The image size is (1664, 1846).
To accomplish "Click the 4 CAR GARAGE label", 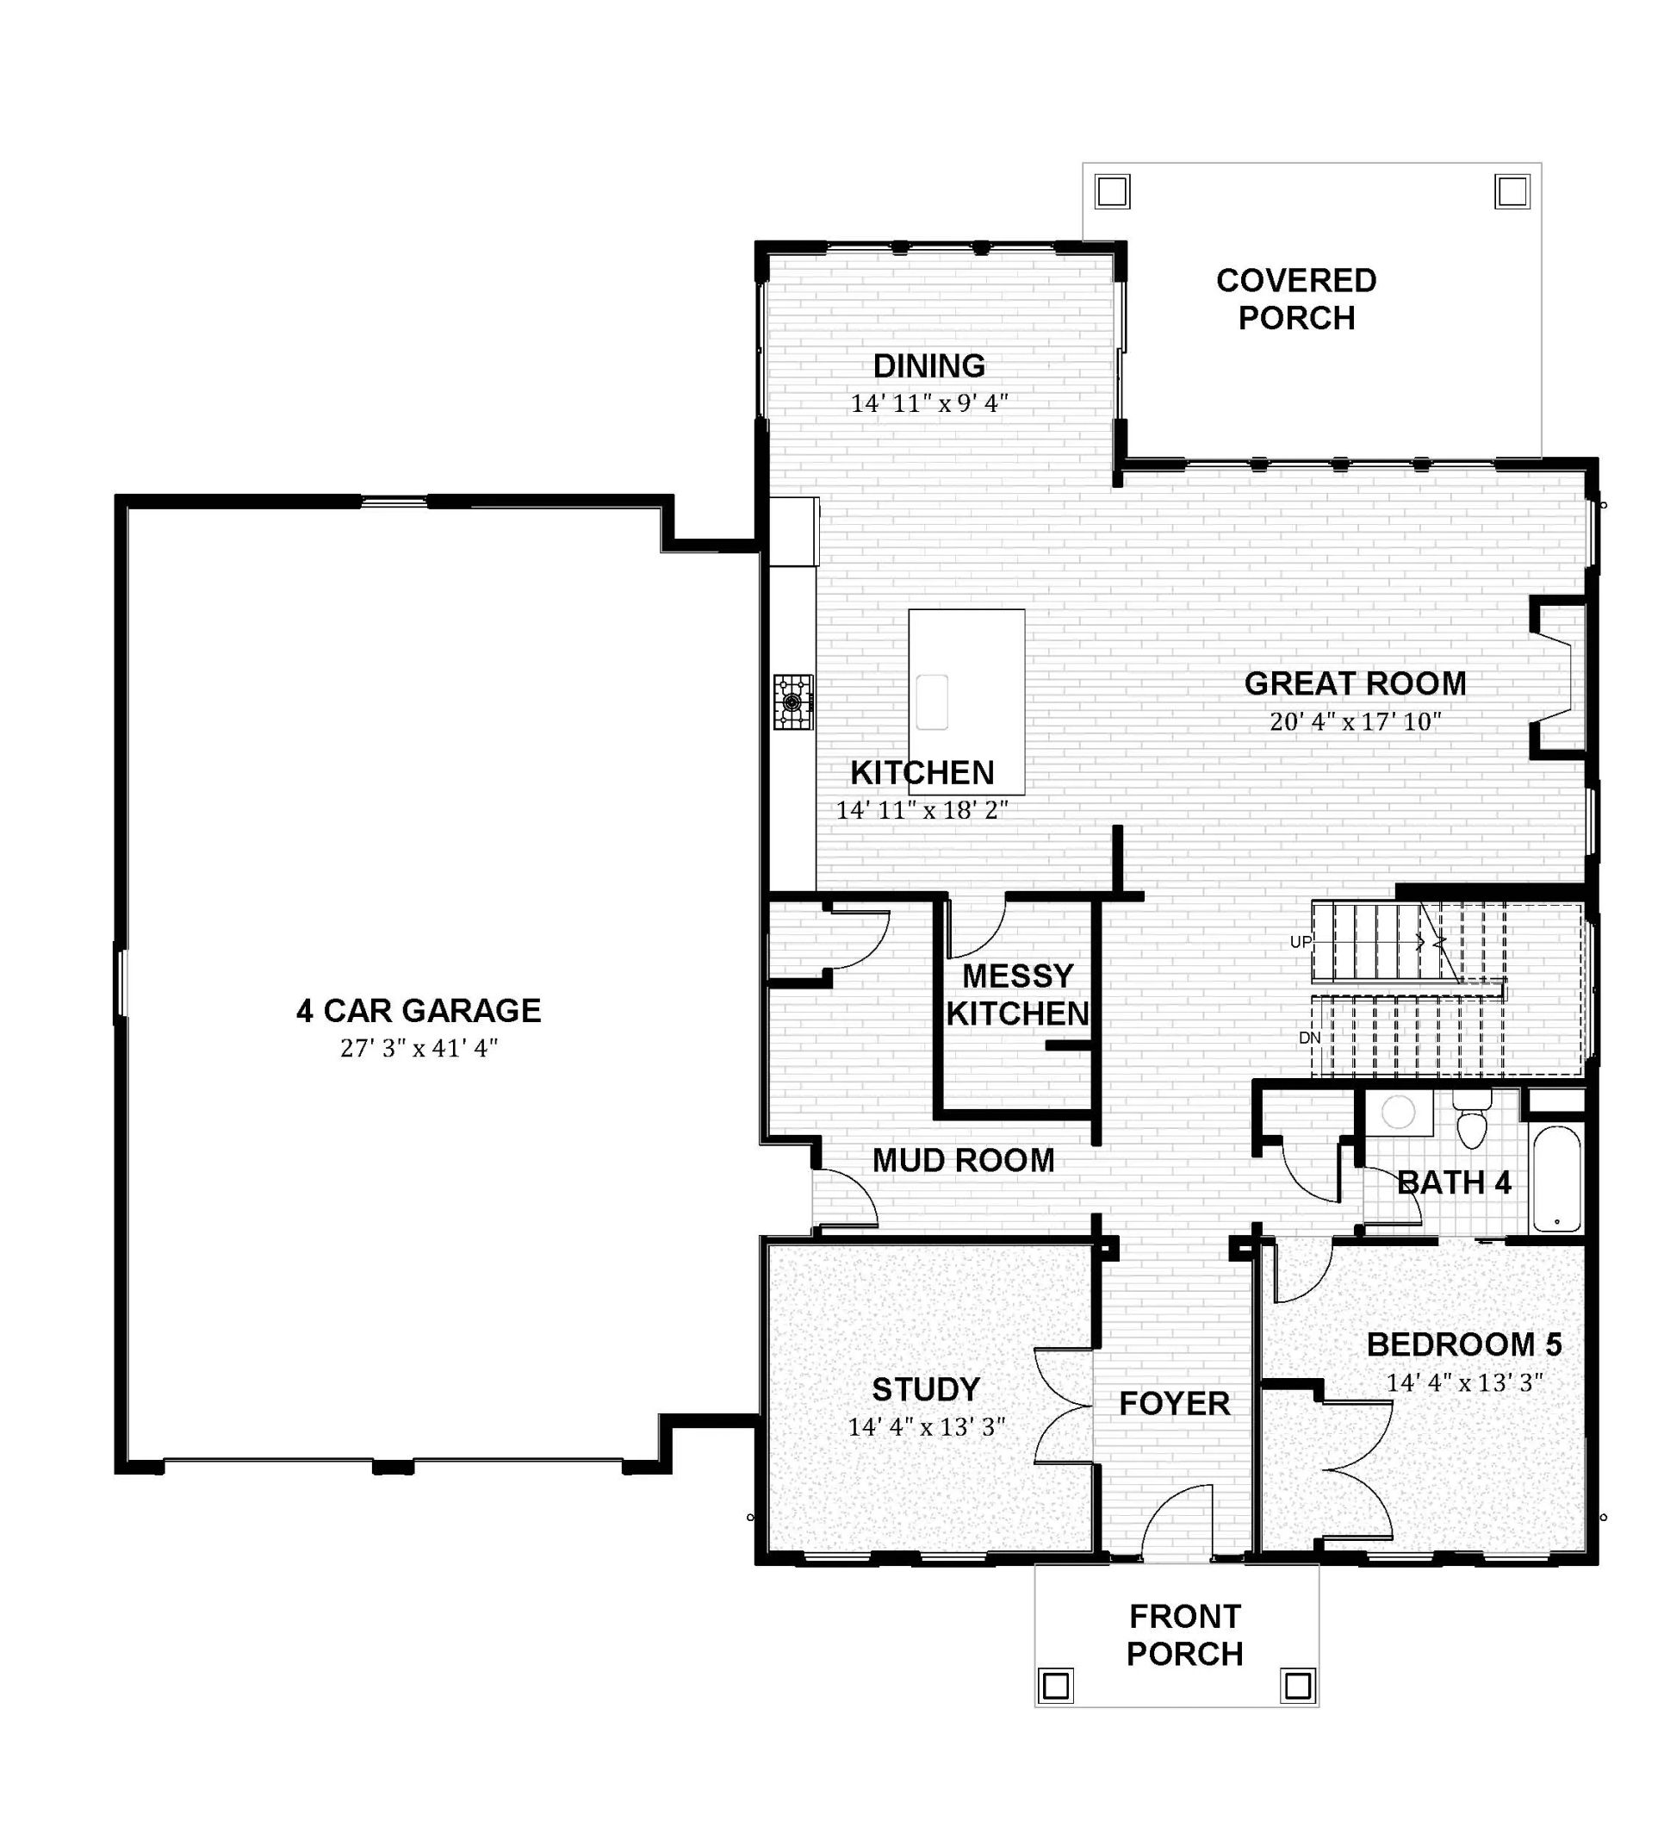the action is click(419, 1011).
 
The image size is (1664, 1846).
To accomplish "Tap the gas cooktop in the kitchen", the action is click(793, 702).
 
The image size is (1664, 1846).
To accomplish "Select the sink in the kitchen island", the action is click(932, 702).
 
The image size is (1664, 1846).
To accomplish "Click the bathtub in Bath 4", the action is click(1555, 1179).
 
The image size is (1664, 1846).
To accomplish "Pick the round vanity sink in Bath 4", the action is click(1398, 1113).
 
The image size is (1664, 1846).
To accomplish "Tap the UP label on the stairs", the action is click(1301, 941).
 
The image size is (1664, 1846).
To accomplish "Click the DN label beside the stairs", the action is click(1309, 1038).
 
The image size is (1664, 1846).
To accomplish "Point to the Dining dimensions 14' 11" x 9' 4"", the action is click(929, 402).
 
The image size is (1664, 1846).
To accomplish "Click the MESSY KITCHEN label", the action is click(1017, 995).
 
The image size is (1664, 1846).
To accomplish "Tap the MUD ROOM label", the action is click(963, 1161).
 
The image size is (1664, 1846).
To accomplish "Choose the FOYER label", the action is click(1174, 1403).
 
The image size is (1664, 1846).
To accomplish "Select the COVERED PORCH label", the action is click(1296, 299).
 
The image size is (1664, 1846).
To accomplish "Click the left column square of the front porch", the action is click(1056, 1685).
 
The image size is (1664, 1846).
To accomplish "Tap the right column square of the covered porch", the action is click(1512, 192).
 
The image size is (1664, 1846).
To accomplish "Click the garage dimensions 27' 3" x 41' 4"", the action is click(419, 1048).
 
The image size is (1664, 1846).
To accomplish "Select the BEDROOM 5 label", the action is click(1464, 1344).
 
